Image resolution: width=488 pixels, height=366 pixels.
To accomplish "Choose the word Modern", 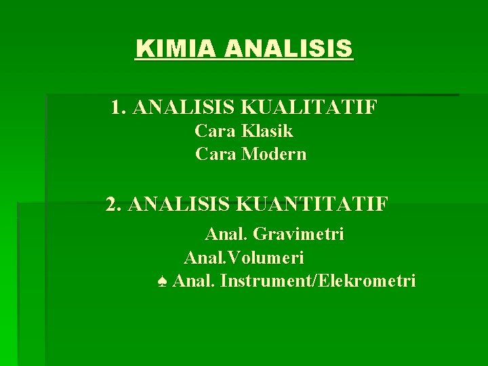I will coord(274,155).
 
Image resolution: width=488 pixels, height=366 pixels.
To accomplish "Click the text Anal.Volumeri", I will coord(244,258).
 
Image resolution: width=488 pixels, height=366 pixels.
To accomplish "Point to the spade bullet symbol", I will coord(161,281).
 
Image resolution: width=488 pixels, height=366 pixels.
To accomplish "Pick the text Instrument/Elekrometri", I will coord(318,281).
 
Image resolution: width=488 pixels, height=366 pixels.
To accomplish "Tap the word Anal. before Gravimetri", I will coord(226,235).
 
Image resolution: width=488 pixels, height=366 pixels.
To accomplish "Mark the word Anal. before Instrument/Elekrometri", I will coord(194,281).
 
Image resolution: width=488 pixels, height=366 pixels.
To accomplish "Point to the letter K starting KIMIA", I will coord(142,49).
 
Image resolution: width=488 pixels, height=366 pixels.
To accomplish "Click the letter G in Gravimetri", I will coord(258,235).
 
